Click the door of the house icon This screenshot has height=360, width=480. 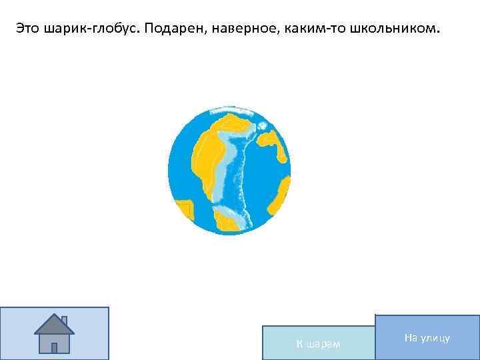tap(55, 345)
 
